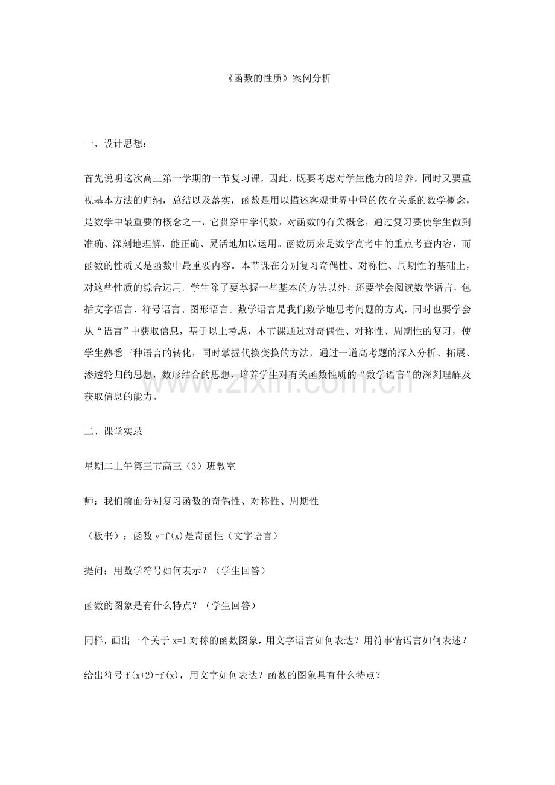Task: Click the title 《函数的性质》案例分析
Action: click(277, 78)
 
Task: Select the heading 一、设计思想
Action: click(114, 143)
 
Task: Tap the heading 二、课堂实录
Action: click(113, 431)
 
